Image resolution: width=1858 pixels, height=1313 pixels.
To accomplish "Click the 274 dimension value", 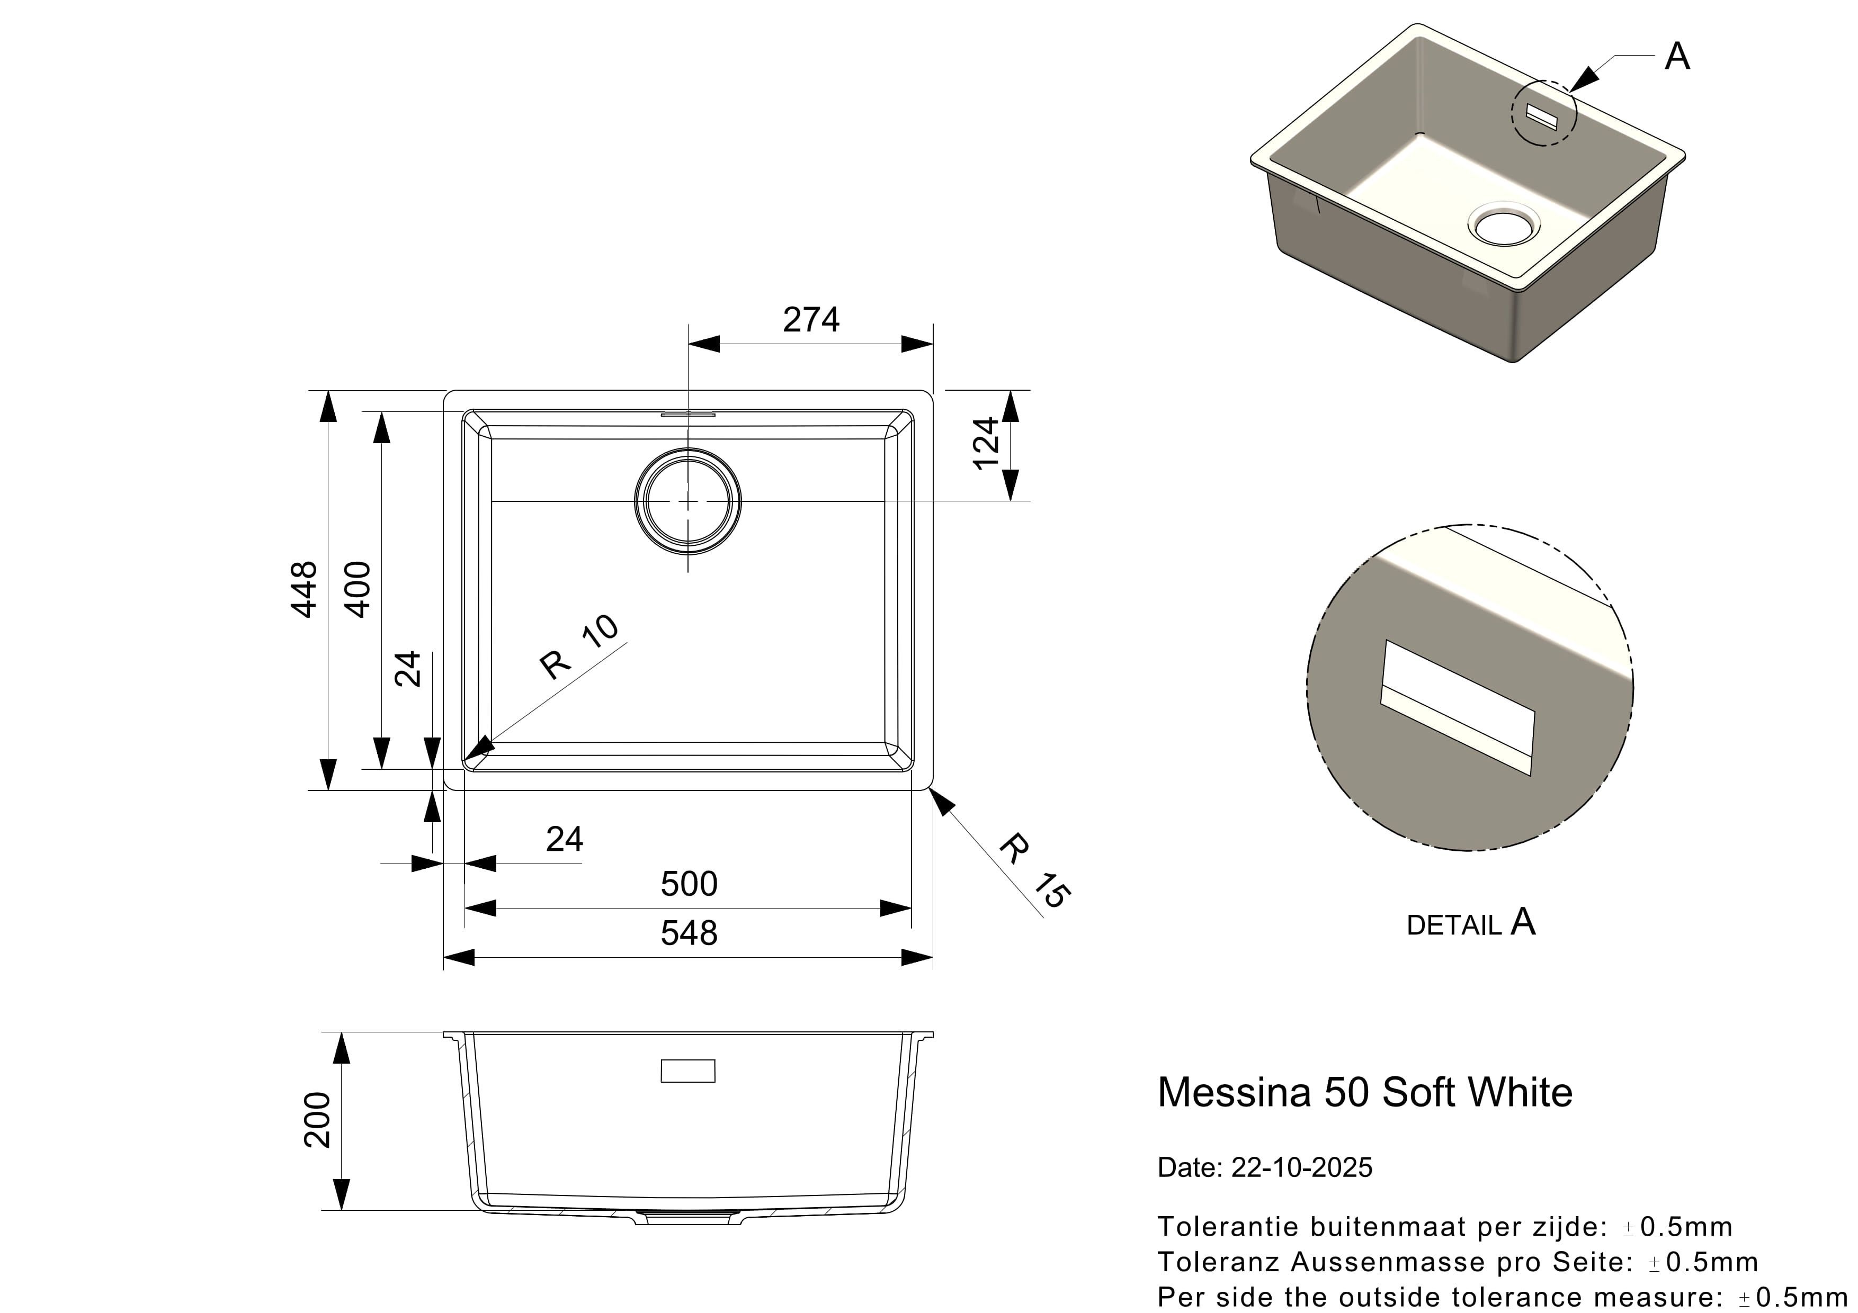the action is click(811, 320).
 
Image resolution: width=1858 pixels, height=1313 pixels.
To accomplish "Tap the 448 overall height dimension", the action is click(304, 590).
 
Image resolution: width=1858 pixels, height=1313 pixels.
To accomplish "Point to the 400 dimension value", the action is click(357, 590).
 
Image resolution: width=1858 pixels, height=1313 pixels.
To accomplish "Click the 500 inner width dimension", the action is click(689, 884).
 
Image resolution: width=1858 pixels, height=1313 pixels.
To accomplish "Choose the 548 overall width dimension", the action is click(689, 933).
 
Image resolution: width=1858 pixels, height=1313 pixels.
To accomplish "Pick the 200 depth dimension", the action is click(317, 1120).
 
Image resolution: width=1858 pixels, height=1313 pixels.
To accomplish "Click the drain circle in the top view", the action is click(688, 501).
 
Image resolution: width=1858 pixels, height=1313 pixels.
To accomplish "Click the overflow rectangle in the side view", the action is click(688, 1071).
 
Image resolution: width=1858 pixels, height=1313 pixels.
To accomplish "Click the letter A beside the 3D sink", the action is click(1677, 57).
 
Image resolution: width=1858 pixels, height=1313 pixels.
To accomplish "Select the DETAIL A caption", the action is click(1470, 922).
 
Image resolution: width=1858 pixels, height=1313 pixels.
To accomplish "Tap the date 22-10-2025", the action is click(1301, 1167).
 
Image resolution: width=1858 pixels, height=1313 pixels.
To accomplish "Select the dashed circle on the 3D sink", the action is click(1544, 112).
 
